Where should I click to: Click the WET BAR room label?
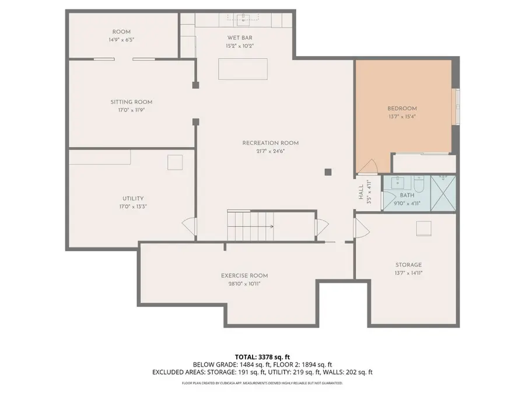[x=240, y=38]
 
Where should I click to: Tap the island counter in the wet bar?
[x=243, y=69]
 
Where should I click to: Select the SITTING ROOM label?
[x=131, y=102]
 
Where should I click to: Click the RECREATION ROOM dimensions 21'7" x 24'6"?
[x=271, y=151]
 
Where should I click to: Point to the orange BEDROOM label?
[x=402, y=109]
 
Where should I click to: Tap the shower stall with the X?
[x=443, y=193]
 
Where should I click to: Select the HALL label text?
[x=361, y=192]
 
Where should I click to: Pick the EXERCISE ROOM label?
[x=244, y=276]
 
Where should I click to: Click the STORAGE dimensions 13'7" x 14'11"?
[x=408, y=273]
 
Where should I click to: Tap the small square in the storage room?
[x=423, y=228]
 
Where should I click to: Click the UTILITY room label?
[x=133, y=198]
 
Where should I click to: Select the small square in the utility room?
[x=175, y=162]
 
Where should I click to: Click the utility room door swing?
[x=188, y=227]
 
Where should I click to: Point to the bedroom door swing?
[x=367, y=166]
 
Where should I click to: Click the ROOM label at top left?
[x=121, y=32]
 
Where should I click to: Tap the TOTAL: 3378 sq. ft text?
[x=262, y=357]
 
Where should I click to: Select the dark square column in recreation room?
[x=328, y=172]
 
